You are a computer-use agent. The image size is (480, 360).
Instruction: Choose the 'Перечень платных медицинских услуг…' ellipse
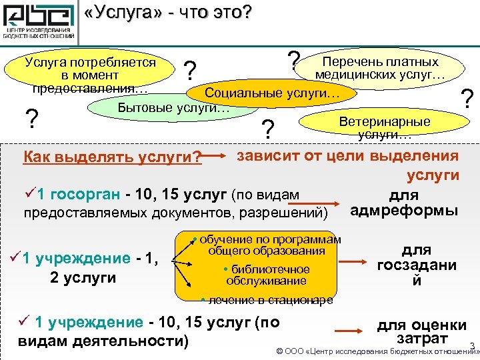click(x=381, y=69)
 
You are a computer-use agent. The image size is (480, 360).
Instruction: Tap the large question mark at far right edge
click(x=469, y=99)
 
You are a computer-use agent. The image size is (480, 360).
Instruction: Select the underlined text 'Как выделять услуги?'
click(x=113, y=158)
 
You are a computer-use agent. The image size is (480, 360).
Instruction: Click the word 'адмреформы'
click(x=403, y=211)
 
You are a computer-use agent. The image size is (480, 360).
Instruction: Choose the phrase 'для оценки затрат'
click(x=421, y=332)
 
